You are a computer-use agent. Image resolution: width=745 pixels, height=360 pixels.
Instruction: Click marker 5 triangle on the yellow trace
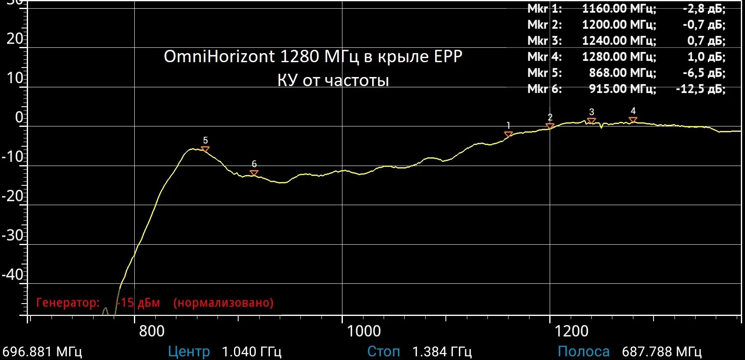(x=205, y=149)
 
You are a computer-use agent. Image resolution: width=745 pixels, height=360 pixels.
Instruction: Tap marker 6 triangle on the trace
(x=254, y=173)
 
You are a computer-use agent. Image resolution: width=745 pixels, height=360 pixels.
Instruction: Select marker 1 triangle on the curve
(x=508, y=134)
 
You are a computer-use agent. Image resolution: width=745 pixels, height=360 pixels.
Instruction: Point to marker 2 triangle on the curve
(x=550, y=126)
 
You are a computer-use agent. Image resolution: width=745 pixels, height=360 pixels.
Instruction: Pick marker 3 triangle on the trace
(x=591, y=121)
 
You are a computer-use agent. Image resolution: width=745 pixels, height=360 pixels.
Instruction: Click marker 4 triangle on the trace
(x=633, y=120)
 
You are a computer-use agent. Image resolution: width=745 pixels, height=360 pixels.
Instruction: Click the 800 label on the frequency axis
(x=152, y=331)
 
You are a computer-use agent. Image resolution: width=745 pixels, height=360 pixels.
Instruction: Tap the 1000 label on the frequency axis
(x=364, y=331)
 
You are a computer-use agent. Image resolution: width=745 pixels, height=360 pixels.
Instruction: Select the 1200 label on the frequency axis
(x=572, y=331)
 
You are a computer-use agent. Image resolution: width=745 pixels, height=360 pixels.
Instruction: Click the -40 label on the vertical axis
(x=13, y=274)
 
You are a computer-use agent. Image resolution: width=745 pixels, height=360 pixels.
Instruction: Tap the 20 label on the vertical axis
(x=15, y=39)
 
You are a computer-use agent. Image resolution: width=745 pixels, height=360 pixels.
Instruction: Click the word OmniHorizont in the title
(x=219, y=56)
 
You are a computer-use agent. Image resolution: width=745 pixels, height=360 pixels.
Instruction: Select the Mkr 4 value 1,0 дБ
(x=706, y=57)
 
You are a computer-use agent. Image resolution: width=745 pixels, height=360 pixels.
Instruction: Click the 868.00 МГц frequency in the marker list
(x=622, y=73)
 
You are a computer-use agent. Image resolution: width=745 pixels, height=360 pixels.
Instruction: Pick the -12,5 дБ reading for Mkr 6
(x=700, y=89)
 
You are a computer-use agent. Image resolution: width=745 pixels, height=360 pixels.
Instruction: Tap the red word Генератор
(x=68, y=303)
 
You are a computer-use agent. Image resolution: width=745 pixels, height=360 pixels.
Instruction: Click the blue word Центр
(x=189, y=352)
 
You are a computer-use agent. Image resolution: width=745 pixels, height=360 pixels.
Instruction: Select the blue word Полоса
(x=583, y=352)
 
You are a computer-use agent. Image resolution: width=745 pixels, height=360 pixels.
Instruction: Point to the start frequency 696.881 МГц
(x=42, y=352)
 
